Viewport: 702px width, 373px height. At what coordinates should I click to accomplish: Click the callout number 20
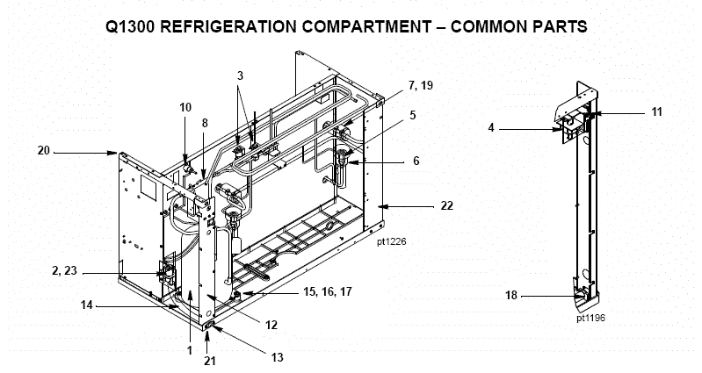point(43,150)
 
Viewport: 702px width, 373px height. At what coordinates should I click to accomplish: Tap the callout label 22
point(448,205)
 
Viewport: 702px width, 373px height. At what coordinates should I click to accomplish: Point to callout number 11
point(656,111)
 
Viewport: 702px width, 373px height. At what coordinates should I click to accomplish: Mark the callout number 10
point(185,106)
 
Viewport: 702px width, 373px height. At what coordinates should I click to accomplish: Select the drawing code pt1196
point(591,319)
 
